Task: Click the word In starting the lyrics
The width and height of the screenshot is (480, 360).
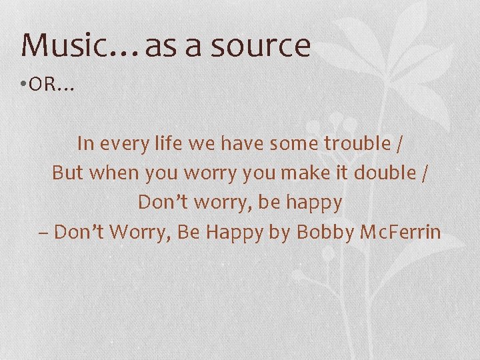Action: [85, 143]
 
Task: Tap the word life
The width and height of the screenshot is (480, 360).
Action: [163, 143]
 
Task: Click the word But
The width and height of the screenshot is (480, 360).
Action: [67, 173]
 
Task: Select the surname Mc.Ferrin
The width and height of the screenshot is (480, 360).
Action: [401, 232]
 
